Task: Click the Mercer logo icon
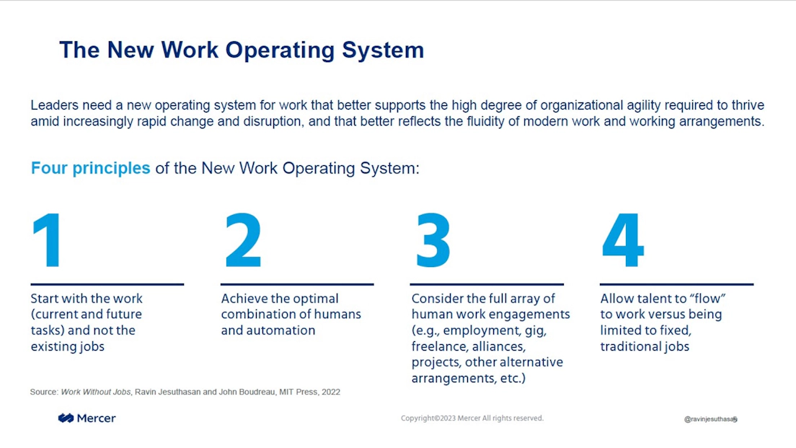tap(66, 418)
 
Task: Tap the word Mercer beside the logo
tap(97, 418)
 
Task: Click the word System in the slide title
tap(383, 50)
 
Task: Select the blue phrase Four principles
tap(90, 168)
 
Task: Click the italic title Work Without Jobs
tap(95, 392)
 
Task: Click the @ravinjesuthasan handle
tap(710, 419)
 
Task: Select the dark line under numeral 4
tap(677, 284)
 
